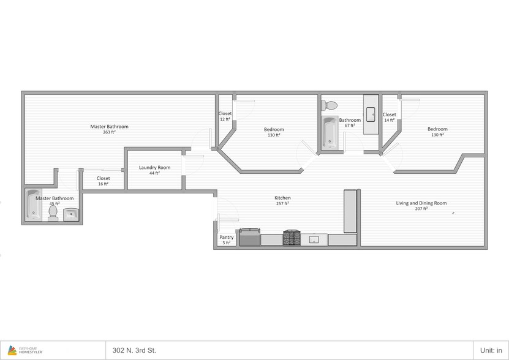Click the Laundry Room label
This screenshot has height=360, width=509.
[x=154, y=167]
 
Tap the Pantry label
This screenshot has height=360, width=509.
[x=227, y=237]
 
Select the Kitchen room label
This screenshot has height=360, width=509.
[x=282, y=198]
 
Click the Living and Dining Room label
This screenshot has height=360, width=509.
[x=421, y=203]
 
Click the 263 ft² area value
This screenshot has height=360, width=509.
[x=110, y=132]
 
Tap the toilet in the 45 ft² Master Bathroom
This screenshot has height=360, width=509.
[x=53, y=212]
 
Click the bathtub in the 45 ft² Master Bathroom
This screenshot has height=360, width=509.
[x=33, y=205]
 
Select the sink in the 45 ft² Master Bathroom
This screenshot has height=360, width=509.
[x=71, y=214]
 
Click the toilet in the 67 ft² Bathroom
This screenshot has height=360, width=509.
[x=331, y=105]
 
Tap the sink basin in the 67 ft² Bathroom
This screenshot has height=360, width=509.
[x=371, y=113]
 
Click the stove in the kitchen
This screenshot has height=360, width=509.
[x=292, y=238]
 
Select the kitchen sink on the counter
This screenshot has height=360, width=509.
[x=314, y=239]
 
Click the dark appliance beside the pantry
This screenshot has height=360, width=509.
[x=249, y=237]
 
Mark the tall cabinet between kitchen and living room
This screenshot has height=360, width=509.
[x=350, y=211]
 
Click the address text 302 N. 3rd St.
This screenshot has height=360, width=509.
[x=134, y=350]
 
